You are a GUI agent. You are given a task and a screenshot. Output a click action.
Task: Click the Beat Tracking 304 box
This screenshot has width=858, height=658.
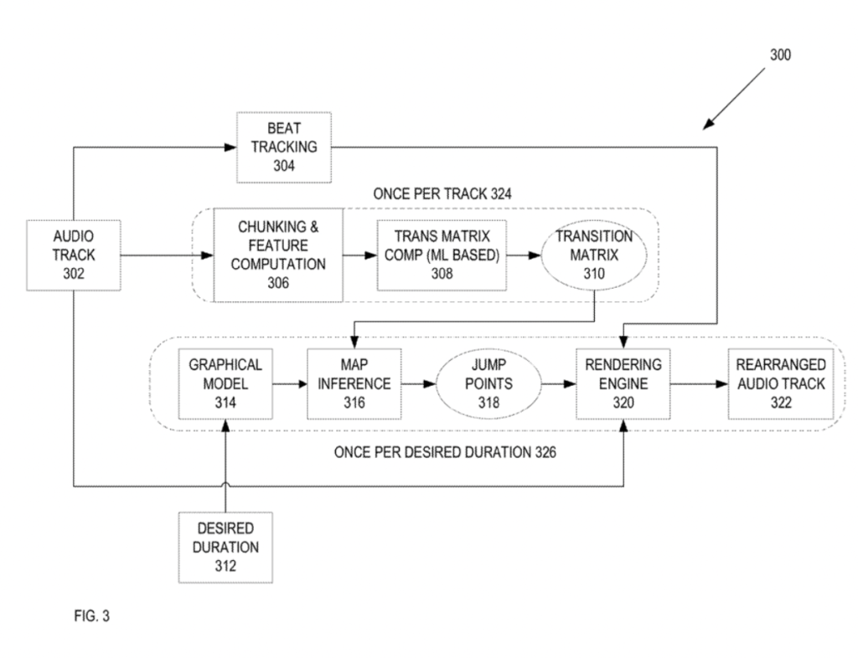coord(283,147)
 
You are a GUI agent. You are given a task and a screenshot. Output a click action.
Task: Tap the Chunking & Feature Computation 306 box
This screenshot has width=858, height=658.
coord(278,254)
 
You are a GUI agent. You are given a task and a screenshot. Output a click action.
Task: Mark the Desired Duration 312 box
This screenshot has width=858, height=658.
coord(225,547)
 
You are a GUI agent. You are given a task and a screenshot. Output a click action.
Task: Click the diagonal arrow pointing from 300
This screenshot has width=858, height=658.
coord(735,99)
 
